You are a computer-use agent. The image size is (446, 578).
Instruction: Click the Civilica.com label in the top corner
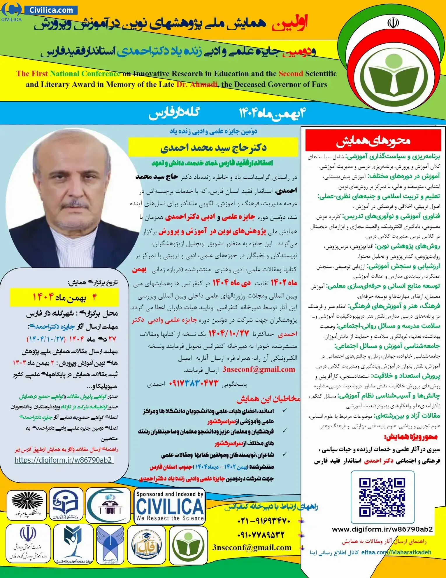51,10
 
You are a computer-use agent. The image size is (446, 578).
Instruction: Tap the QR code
382,497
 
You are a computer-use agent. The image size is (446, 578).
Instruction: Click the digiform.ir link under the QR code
382,529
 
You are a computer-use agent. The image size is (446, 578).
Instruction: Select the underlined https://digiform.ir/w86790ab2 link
63,460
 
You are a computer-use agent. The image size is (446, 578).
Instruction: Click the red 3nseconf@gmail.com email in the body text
259,369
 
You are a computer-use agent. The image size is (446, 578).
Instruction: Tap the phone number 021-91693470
264,521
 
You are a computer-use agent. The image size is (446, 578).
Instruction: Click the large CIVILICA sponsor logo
170,506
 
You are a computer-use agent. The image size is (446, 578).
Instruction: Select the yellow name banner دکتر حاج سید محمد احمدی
213,148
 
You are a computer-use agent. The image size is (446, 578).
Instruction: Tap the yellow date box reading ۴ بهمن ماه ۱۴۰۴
64,297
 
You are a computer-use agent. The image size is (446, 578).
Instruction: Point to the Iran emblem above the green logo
393,23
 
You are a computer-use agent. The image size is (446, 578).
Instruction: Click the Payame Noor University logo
27,505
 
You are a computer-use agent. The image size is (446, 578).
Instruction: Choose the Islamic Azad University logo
110,545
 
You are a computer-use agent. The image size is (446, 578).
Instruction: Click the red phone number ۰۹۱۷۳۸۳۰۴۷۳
194,383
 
